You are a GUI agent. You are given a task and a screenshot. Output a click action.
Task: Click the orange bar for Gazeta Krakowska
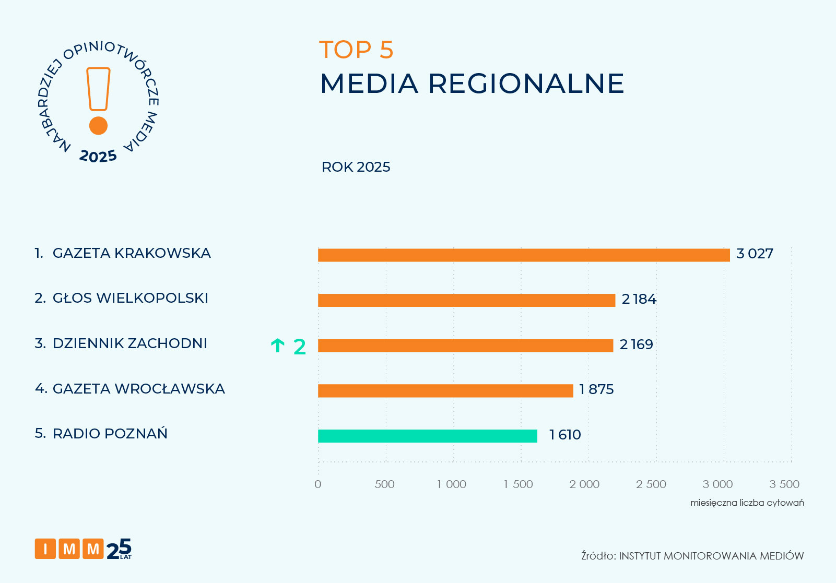(523, 255)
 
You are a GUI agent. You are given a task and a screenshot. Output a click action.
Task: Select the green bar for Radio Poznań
(427, 436)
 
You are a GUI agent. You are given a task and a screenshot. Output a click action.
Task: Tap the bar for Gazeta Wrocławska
(445, 391)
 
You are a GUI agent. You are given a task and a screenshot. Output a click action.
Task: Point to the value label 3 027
(755, 254)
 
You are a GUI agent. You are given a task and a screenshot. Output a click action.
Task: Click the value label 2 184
(639, 300)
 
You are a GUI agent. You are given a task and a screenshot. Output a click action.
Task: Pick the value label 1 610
(565, 435)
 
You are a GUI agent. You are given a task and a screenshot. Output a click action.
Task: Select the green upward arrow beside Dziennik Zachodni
(278, 346)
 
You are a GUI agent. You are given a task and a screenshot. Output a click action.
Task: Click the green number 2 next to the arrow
(300, 347)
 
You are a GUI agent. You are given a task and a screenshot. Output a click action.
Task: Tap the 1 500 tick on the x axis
(519, 484)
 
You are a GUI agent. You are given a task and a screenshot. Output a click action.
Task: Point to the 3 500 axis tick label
(784, 484)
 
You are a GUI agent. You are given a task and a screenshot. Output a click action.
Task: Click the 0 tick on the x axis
(318, 484)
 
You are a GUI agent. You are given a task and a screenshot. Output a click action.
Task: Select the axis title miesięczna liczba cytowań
(747, 503)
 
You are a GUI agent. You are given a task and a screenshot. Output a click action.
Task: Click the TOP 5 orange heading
(356, 50)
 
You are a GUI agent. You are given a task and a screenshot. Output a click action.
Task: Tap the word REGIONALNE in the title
(526, 84)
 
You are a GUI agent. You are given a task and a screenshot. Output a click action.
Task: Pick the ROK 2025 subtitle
(356, 167)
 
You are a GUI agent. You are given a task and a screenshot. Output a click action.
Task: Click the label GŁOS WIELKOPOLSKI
(130, 298)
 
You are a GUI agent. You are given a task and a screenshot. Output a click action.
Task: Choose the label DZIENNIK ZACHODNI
(129, 343)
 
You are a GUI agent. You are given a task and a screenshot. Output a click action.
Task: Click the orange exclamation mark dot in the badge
(98, 126)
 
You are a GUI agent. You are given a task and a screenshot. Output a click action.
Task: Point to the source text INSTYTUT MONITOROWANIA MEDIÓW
(711, 556)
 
